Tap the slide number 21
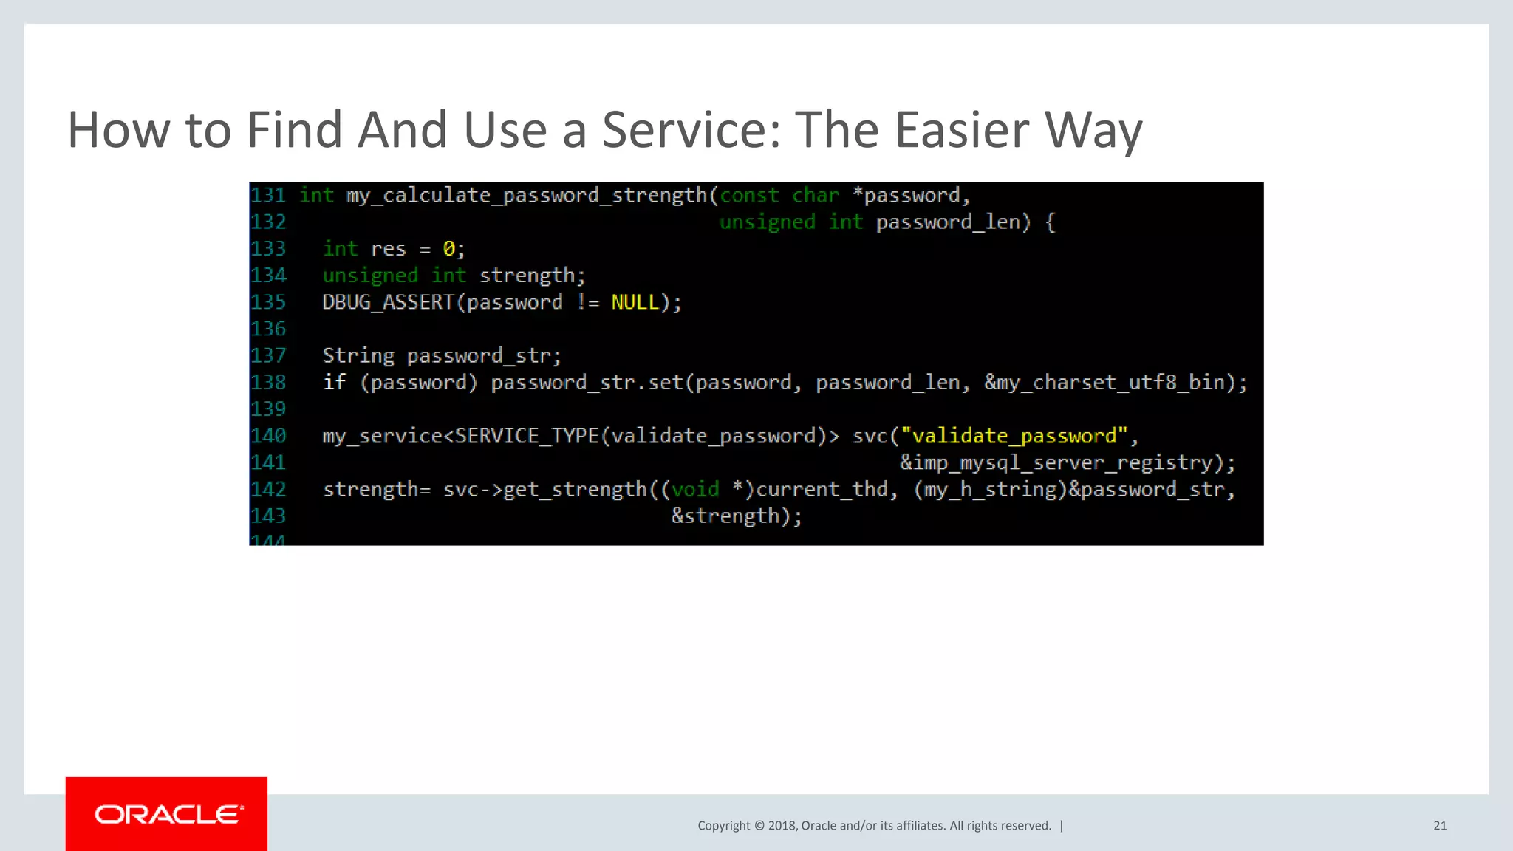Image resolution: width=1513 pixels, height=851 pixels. pos(1440,826)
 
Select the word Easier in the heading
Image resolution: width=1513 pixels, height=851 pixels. pos(963,130)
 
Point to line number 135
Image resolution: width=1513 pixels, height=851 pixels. pos(268,302)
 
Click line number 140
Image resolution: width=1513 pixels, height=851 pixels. pos(268,436)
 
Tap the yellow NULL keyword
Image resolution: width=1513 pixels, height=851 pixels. pos(635,302)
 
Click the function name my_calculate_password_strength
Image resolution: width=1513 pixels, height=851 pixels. pos(527,196)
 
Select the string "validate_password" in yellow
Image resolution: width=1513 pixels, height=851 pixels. pos(1014,436)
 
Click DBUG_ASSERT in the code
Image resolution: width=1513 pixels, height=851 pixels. pos(388,302)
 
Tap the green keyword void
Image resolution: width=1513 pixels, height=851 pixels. pos(695,489)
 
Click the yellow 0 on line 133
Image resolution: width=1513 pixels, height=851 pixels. pos(448,249)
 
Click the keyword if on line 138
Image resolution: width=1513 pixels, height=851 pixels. pos(335,383)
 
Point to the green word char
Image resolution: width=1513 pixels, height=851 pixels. pos(816,196)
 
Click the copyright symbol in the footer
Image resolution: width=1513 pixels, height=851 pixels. pos(759,826)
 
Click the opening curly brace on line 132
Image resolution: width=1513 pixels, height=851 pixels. pos(1051,222)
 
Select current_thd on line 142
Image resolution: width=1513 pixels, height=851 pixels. pos(822,489)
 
